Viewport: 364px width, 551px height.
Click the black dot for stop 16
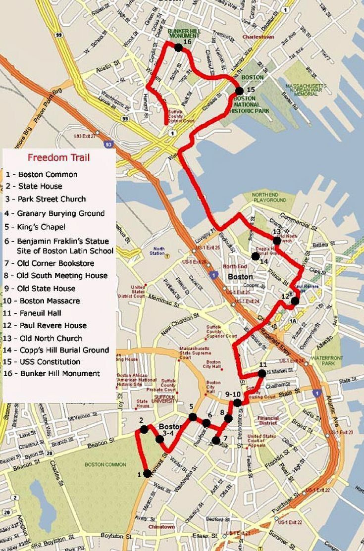178,47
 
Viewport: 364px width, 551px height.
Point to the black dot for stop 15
239,91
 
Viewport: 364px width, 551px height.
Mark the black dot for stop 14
255,256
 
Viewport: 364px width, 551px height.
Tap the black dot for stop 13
276,241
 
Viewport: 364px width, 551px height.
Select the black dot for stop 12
295,301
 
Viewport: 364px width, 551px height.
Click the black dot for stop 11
262,373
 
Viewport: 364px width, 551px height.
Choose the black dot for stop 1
147,474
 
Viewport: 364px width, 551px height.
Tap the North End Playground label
269,198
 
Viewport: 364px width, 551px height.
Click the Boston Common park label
104,464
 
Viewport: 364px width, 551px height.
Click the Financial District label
268,421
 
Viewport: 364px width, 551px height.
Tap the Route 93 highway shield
108,144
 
